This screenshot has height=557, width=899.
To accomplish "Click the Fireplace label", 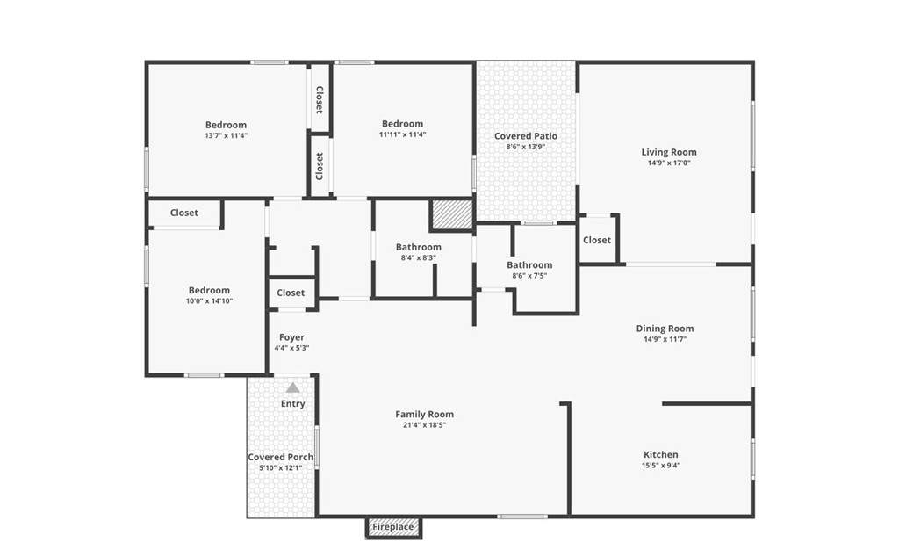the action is (392, 526).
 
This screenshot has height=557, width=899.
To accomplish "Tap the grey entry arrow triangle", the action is (293, 387).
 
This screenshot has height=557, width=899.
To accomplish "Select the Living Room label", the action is (669, 152).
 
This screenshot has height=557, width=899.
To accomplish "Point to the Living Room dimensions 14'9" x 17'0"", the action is (669, 163).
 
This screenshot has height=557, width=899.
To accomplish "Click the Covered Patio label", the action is (526, 136).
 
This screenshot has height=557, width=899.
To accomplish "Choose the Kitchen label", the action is (661, 454).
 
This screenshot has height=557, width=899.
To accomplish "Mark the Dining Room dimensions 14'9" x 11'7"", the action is (665, 339).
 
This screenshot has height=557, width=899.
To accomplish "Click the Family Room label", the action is (424, 414).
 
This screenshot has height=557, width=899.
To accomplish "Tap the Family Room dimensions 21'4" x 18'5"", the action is (424, 425).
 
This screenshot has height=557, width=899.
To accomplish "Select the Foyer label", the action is (291, 337).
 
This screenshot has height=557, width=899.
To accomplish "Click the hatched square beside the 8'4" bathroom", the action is (452, 214).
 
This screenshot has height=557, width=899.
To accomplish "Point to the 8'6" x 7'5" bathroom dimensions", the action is (529, 276).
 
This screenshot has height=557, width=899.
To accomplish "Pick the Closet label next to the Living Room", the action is (597, 240).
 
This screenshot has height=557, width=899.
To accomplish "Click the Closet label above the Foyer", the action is (291, 293).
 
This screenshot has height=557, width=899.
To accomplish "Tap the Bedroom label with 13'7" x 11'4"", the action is (226, 125).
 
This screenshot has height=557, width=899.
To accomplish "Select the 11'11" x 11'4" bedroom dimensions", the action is (402, 134).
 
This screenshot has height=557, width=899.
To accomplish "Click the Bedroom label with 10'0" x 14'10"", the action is (209, 290).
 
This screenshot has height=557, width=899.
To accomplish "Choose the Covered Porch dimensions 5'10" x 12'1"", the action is (280, 468).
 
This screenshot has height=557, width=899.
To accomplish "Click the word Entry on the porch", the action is (293, 404).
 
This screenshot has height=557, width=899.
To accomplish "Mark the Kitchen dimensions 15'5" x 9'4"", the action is (661, 466).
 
